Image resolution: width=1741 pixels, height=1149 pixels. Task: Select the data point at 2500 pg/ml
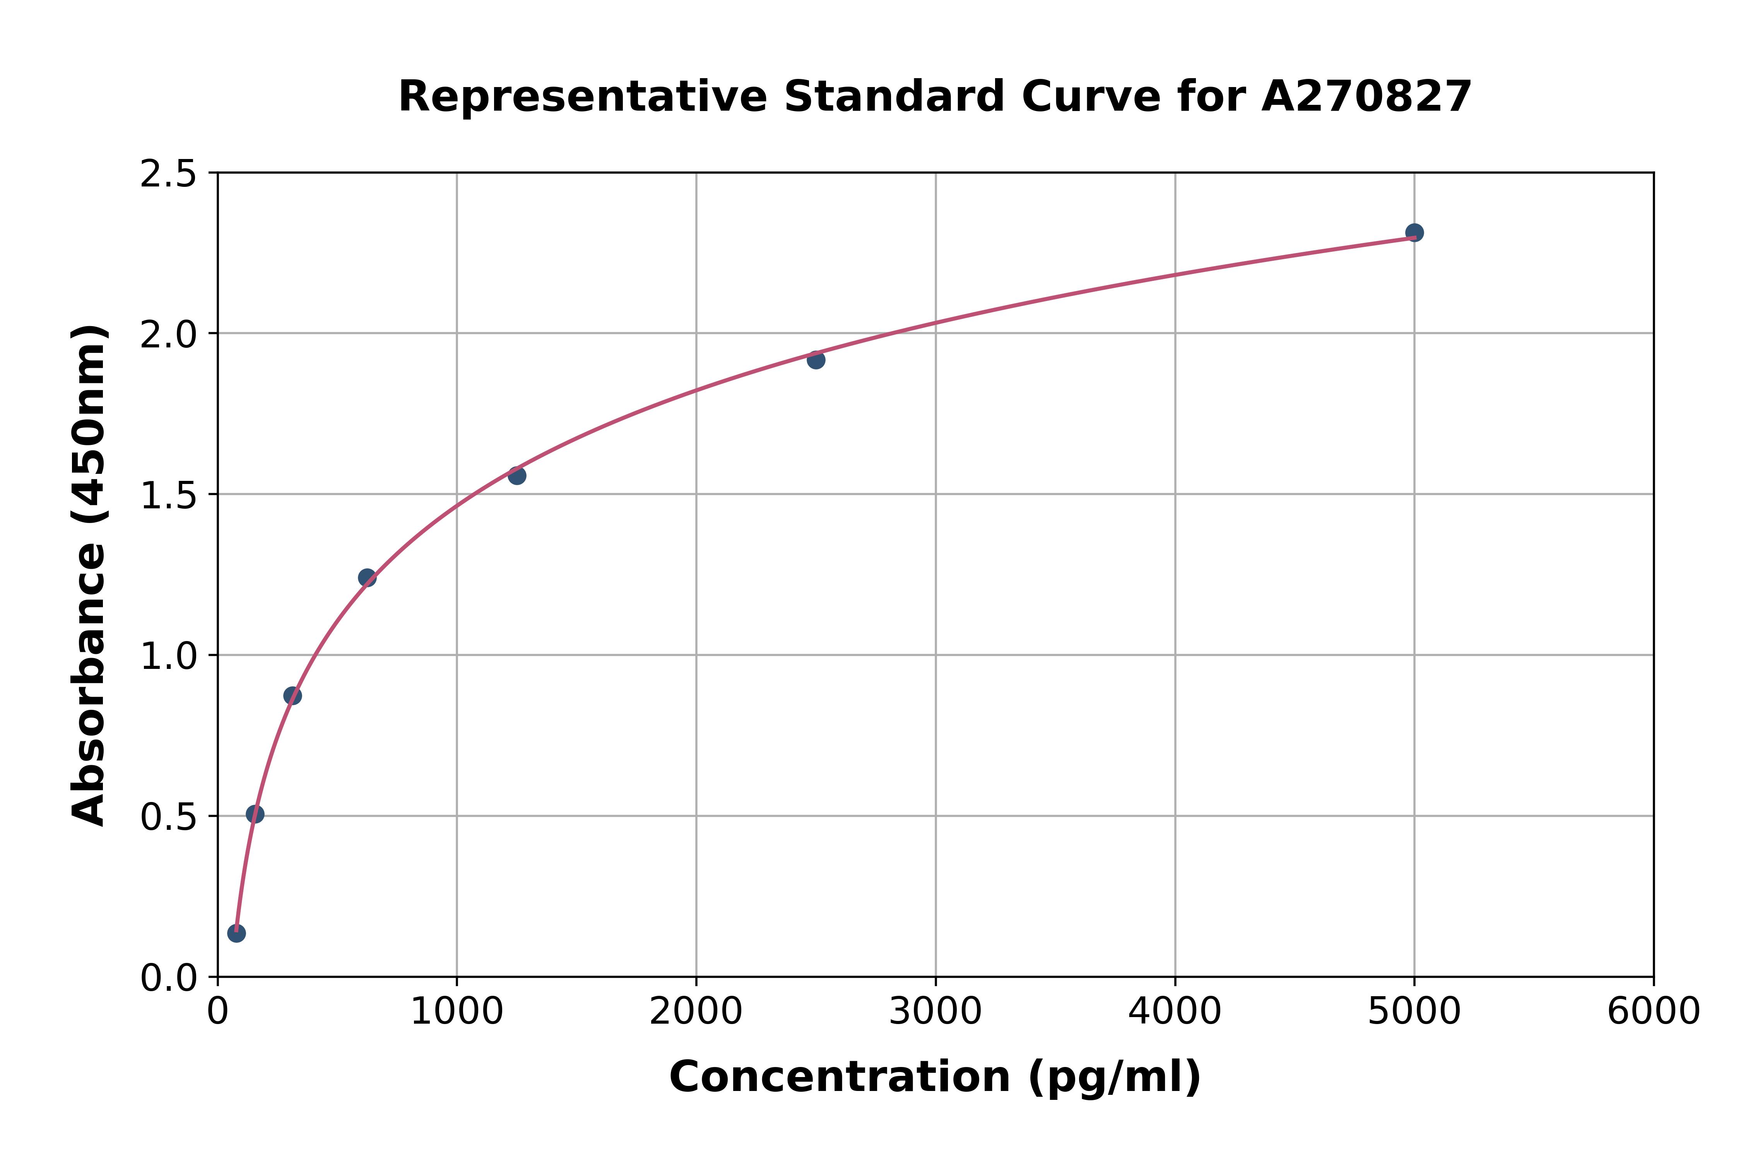click(816, 360)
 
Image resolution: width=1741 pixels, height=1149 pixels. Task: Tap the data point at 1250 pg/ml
click(516, 475)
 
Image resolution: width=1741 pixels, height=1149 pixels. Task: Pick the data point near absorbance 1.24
click(367, 578)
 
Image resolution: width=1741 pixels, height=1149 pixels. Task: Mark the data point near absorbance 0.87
click(292, 696)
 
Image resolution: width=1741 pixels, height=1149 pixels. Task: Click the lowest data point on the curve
click(236, 933)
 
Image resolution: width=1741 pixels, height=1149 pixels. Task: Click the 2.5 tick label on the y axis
click(169, 174)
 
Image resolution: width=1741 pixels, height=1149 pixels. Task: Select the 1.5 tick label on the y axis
click(169, 496)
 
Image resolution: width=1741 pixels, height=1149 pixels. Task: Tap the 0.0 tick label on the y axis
click(169, 978)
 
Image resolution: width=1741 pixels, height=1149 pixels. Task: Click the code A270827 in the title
click(1366, 97)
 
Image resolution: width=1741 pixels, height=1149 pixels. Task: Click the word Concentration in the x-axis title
click(840, 1077)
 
